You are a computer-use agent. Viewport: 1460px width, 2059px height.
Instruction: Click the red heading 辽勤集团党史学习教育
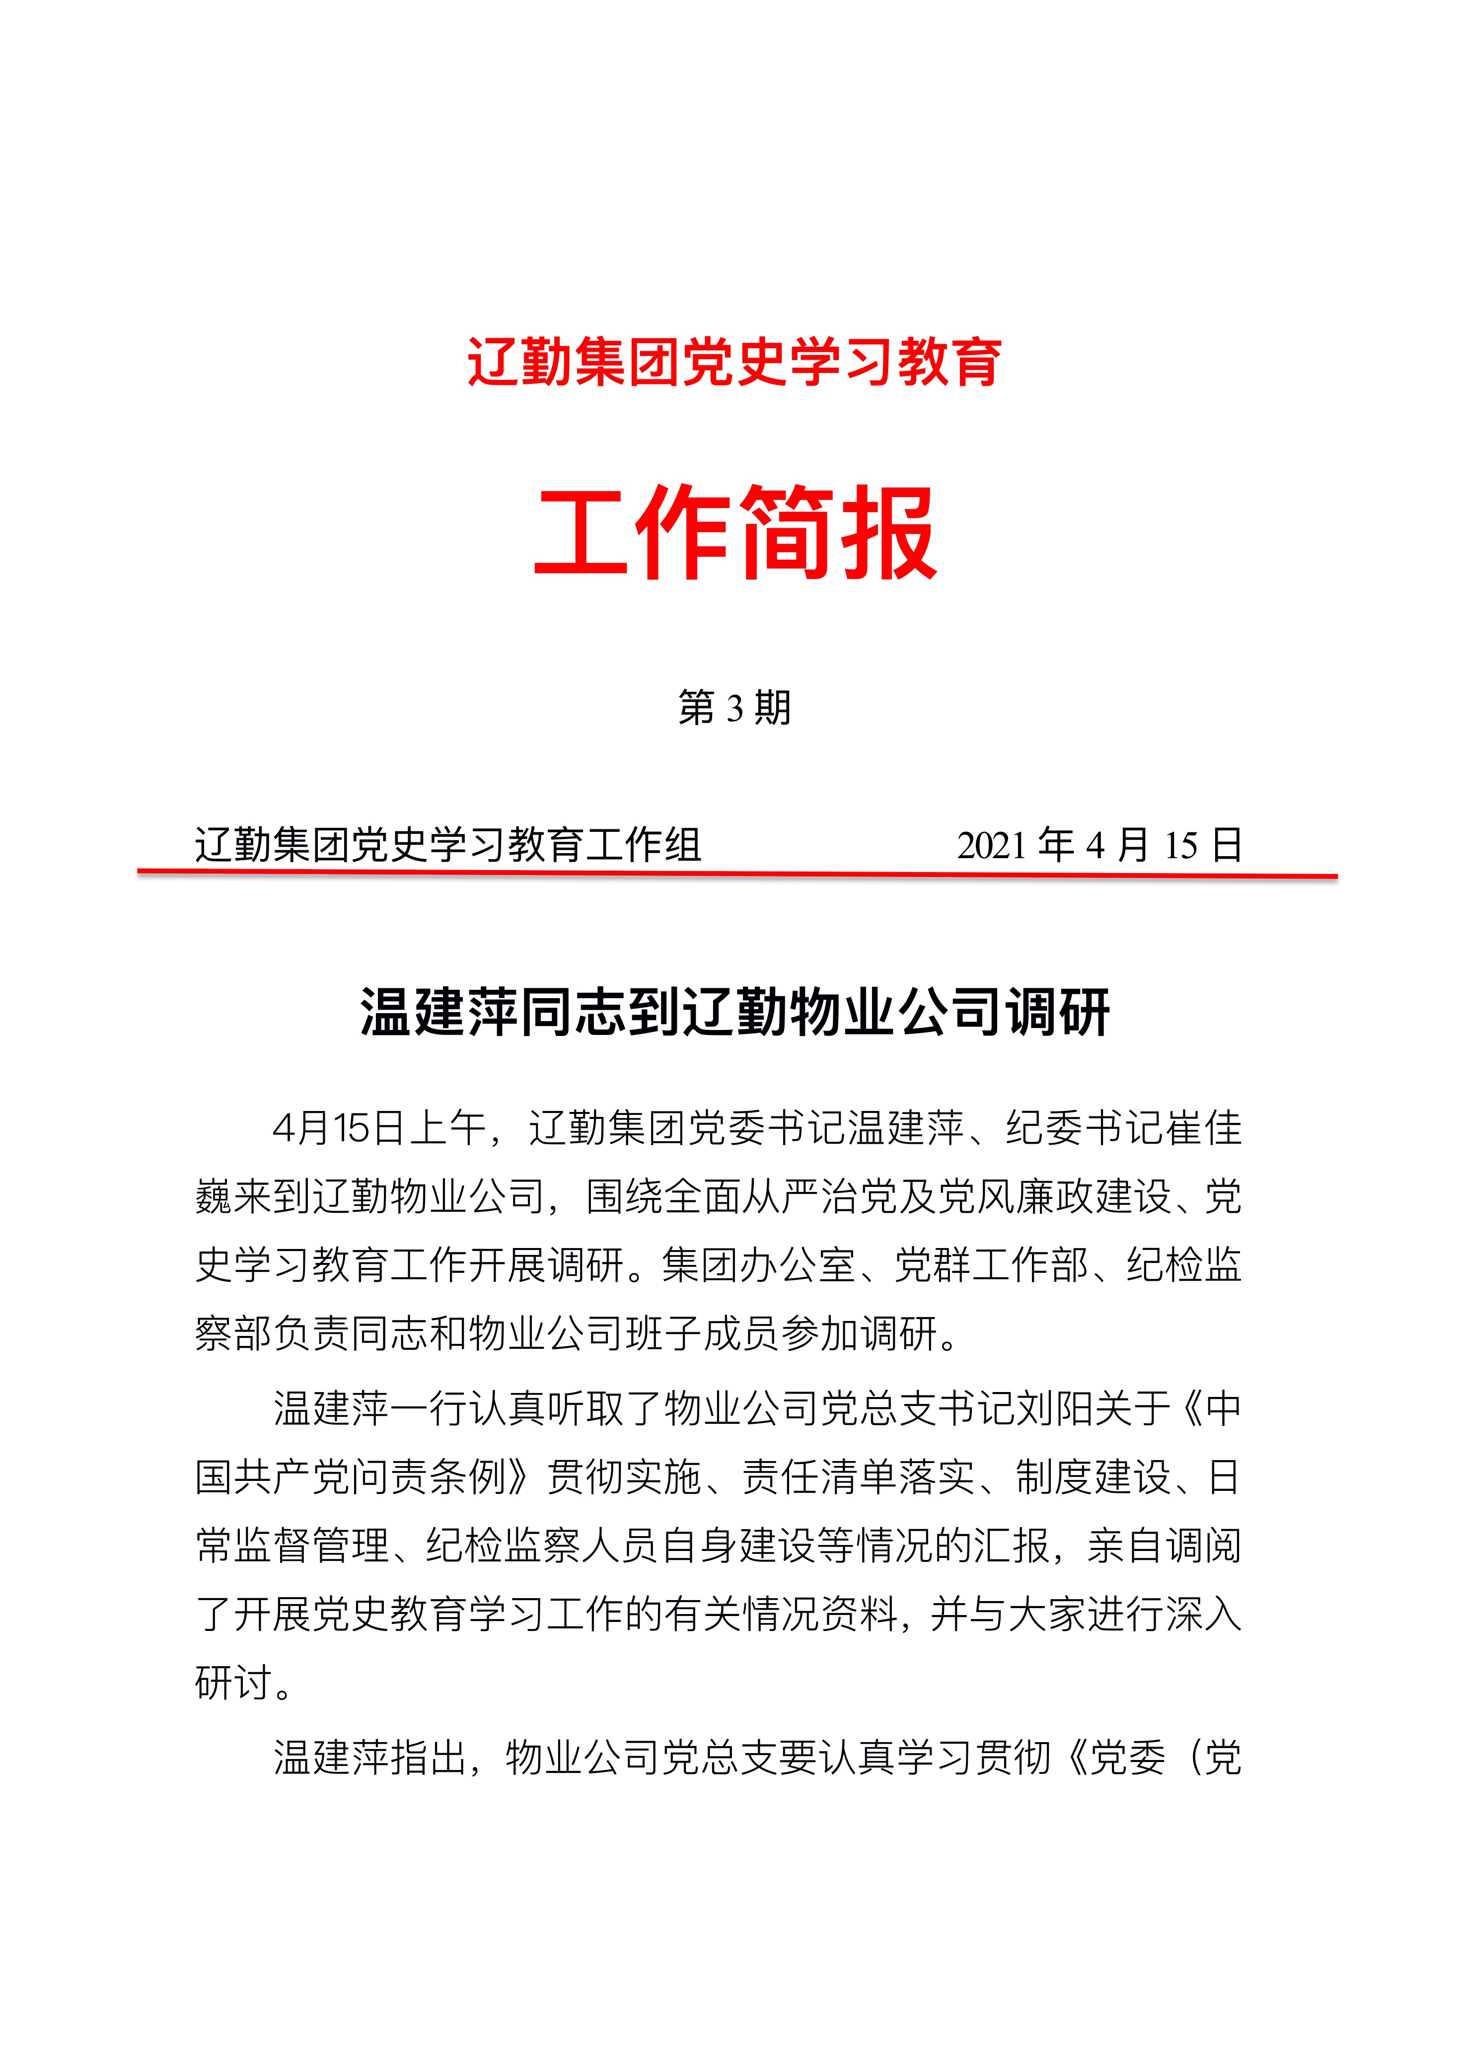click(733, 363)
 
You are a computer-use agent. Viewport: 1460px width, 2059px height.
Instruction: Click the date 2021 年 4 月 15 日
click(1098, 845)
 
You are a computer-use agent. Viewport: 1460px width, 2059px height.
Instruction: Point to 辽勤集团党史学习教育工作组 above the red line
click(448, 845)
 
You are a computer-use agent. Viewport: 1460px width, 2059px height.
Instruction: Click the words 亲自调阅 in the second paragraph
click(1164, 1545)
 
